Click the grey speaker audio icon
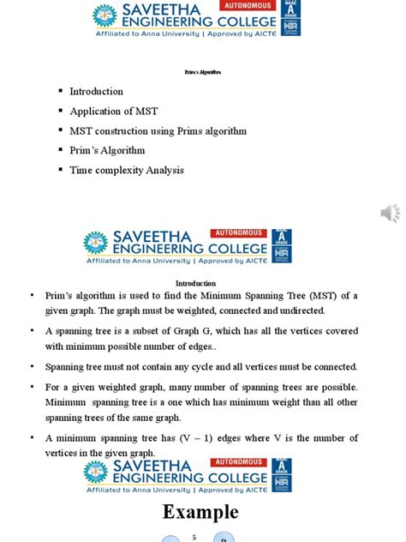(390, 214)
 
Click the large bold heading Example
(202, 512)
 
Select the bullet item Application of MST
(114, 111)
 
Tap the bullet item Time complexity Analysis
(127, 170)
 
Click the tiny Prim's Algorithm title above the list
(203, 73)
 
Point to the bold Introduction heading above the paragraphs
(196, 283)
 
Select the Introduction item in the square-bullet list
(96, 91)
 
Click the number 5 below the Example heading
(194, 538)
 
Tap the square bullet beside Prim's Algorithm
(61, 150)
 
